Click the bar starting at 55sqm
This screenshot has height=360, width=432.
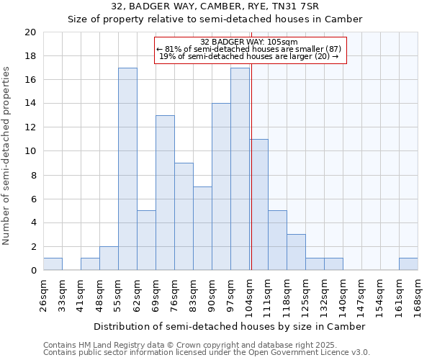[x=127, y=169]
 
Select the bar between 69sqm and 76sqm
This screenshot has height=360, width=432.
[x=165, y=193]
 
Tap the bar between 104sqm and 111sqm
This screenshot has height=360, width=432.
[x=259, y=204]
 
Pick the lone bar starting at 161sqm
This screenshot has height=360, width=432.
[x=408, y=264]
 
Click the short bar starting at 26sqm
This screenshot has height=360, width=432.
[x=53, y=264]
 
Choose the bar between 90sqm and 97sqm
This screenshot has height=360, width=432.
[x=221, y=186]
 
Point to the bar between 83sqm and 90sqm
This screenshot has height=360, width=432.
[x=202, y=228]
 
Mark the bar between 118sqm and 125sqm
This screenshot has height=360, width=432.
[x=296, y=252]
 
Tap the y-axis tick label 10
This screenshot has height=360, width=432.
[x=30, y=151]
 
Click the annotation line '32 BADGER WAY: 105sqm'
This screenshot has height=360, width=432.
[x=251, y=42]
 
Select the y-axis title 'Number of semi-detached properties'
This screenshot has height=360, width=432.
[x=7, y=155]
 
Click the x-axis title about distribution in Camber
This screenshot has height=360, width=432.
[x=230, y=326]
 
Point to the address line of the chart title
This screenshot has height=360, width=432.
[x=215, y=6]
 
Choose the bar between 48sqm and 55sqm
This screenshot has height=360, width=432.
[x=109, y=258]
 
